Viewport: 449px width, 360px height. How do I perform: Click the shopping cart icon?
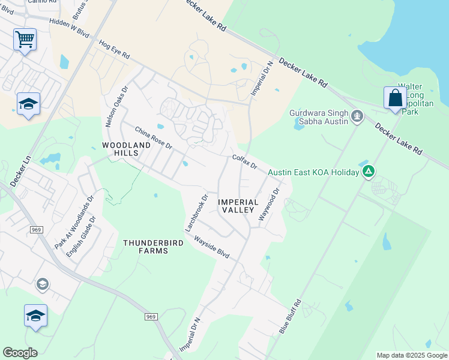25,40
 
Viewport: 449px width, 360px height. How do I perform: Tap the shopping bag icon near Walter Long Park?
396,98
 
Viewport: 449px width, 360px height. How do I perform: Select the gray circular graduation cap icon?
42,284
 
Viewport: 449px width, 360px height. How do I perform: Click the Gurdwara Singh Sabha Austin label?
319,117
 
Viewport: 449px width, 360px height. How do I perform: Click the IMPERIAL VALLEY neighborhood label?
238,206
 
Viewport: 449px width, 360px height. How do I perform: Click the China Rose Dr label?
153,138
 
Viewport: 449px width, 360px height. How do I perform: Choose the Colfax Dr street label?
244,162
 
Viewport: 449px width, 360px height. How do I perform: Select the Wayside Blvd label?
211,247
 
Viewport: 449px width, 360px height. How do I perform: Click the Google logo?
20,353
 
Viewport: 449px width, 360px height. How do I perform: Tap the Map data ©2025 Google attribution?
411,355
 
